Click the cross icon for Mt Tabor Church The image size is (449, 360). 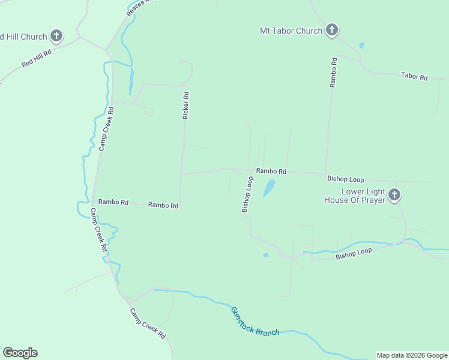pos(332,31)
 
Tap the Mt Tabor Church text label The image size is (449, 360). pos(291,31)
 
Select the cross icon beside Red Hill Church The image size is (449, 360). pos(56,37)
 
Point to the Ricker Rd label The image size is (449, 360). pos(186,105)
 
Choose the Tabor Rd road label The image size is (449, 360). pos(414,77)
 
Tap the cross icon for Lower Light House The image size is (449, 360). pos(394,195)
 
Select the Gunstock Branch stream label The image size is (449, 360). pos(255,322)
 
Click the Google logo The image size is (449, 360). pos(20,353)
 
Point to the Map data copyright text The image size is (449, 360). pos(412,355)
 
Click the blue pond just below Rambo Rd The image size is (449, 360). pos(269,188)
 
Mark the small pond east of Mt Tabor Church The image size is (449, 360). pos(361,45)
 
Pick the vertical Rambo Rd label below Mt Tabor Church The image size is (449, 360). pos(334,73)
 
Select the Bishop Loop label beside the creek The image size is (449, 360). pos(354,254)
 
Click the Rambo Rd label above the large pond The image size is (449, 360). pos(271,171)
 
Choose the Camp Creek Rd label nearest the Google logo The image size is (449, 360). pos(148,323)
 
